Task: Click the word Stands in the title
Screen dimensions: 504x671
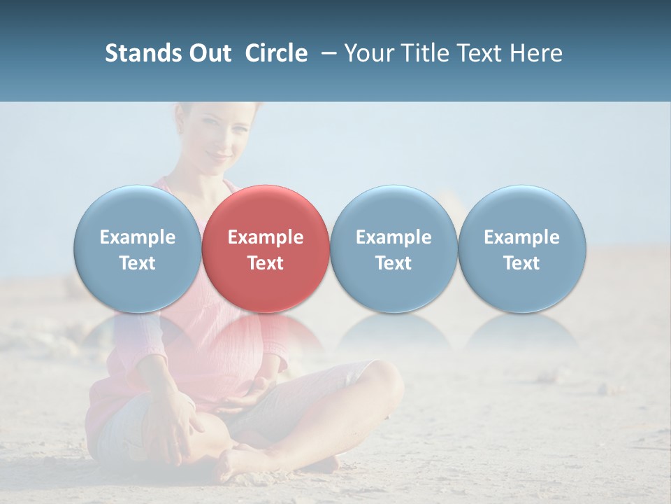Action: pos(143,53)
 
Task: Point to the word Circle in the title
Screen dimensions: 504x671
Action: pos(276,53)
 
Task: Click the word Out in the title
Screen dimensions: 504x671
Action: pos(210,53)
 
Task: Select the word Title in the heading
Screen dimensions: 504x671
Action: pos(418,53)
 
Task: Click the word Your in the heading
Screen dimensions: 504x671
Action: pos(367,53)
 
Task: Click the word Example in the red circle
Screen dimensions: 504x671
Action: pos(266,237)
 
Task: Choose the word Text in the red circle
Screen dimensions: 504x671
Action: pos(266,263)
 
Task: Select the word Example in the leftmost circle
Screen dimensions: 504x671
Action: pos(137,237)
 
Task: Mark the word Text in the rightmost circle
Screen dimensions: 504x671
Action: pos(521,263)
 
